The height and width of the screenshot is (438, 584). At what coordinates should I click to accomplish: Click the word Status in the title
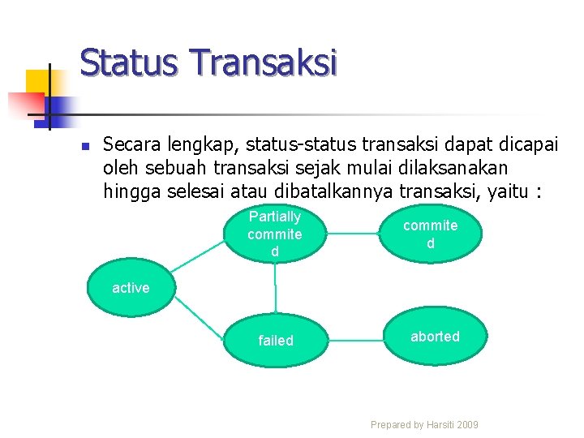tap(131, 62)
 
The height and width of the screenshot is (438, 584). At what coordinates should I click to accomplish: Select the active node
tap(130, 288)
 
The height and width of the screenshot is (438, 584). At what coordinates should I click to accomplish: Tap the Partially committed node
tap(275, 234)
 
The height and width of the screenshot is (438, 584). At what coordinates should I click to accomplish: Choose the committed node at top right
tap(431, 234)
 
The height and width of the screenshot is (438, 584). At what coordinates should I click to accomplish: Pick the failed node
tap(275, 340)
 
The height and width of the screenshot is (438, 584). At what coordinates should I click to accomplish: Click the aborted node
tap(435, 337)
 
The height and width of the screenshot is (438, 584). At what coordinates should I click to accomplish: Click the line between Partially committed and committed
tap(353, 233)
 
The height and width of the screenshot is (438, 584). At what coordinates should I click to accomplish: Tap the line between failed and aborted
tap(354, 337)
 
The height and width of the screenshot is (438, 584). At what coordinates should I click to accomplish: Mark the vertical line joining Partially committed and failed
tap(276, 287)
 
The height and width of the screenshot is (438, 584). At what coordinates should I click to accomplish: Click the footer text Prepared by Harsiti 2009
tap(424, 424)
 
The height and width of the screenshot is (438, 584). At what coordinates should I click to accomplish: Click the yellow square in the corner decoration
tap(37, 82)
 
